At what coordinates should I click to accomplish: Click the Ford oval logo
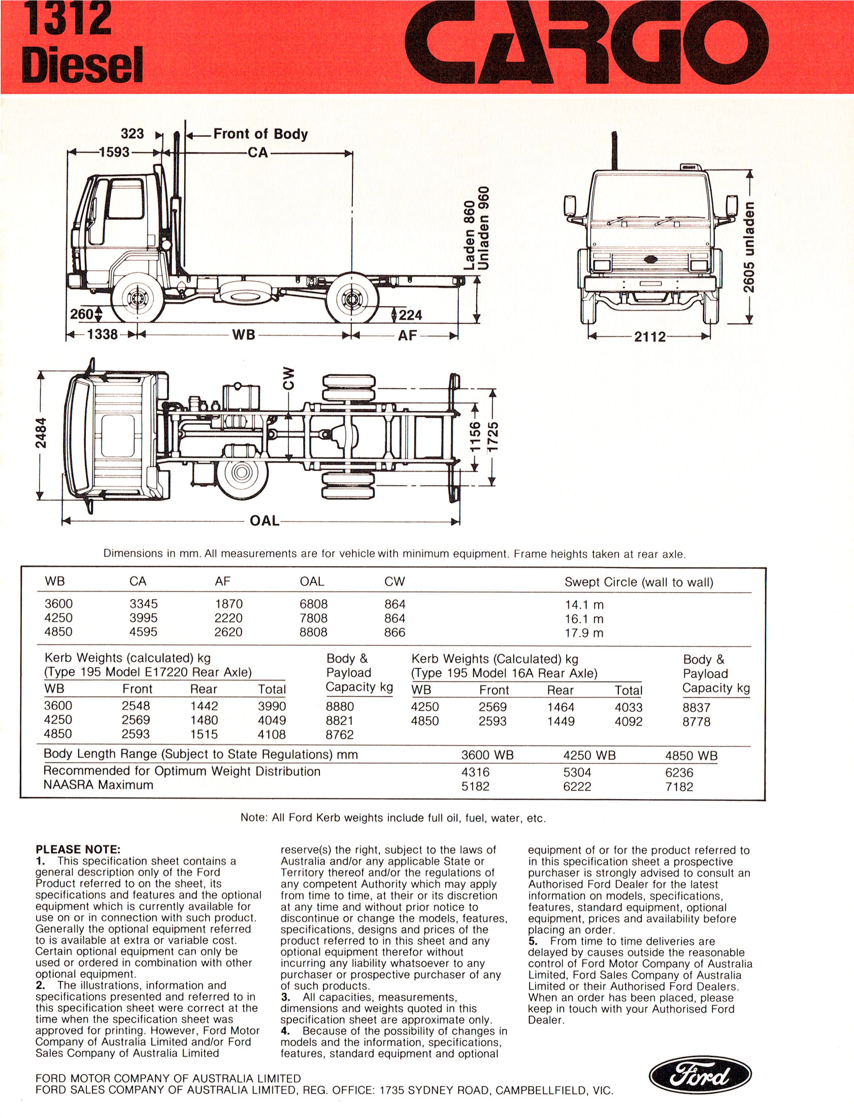[x=700, y=1074]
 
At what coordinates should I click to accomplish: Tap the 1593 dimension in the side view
[x=114, y=152]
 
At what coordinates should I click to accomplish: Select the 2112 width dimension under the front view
[x=649, y=337]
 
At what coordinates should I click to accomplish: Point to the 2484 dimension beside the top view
[x=41, y=432]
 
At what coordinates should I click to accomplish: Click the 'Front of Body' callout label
[x=260, y=134]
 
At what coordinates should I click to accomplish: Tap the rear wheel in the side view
[x=352, y=298]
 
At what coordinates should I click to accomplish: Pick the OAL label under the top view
[x=265, y=521]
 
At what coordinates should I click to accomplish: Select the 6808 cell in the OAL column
[x=313, y=604]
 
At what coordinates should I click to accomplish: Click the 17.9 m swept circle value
[x=584, y=633]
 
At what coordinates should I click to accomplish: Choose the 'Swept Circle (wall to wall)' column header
[x=638, y=582]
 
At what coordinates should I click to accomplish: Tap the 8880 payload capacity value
[x=340, y=706]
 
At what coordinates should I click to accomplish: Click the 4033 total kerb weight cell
[x=628, y=707]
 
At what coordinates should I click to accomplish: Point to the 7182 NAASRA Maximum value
[x=679, y=786]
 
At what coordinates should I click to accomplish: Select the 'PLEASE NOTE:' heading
[x=78, y=849]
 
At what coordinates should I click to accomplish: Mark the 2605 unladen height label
[x=748, y=246]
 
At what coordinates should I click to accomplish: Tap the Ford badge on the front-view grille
[x=650, y=259]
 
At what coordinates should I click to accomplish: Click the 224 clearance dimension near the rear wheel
[x=410, y=315]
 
